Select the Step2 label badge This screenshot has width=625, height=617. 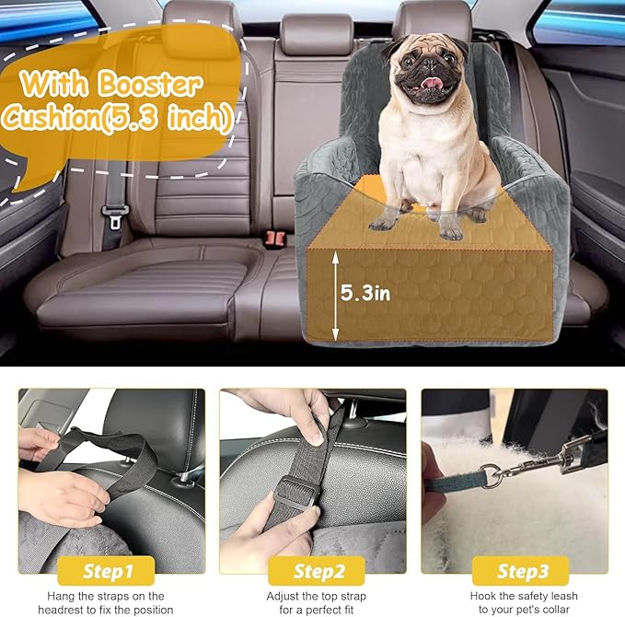click(313, 571)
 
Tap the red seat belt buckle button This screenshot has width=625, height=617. click(272, 237)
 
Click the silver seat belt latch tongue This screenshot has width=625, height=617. click(116, 218)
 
